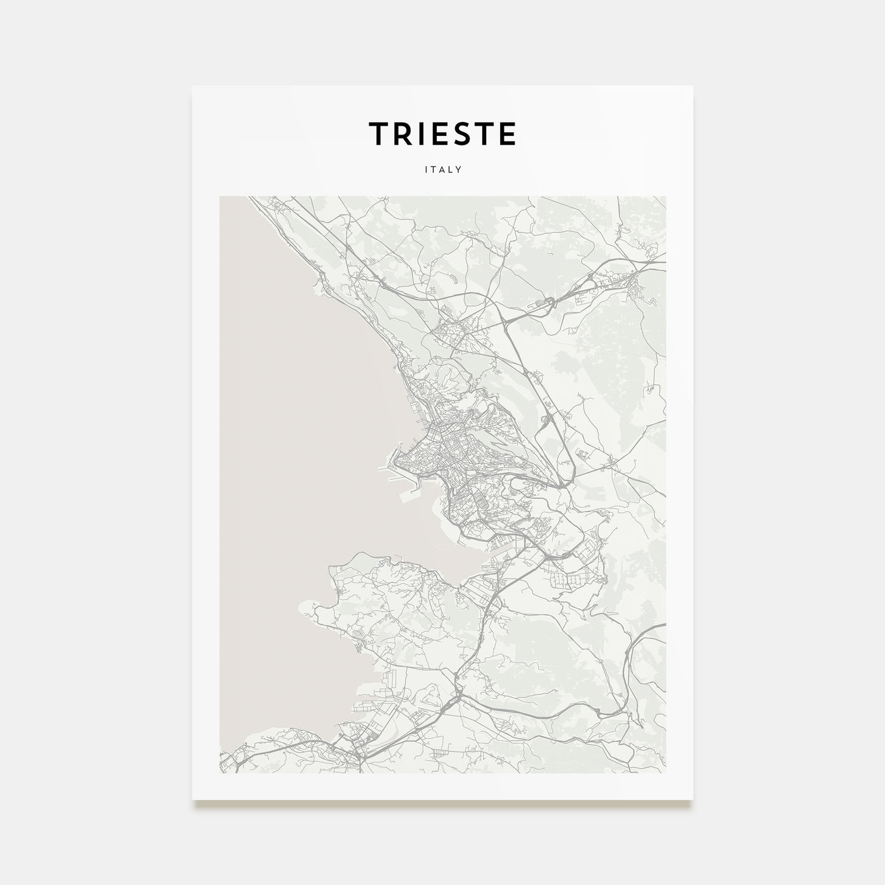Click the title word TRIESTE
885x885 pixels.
click(442, 133)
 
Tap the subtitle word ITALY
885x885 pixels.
click(442, 170)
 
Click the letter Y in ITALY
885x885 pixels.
click(460, 170)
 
